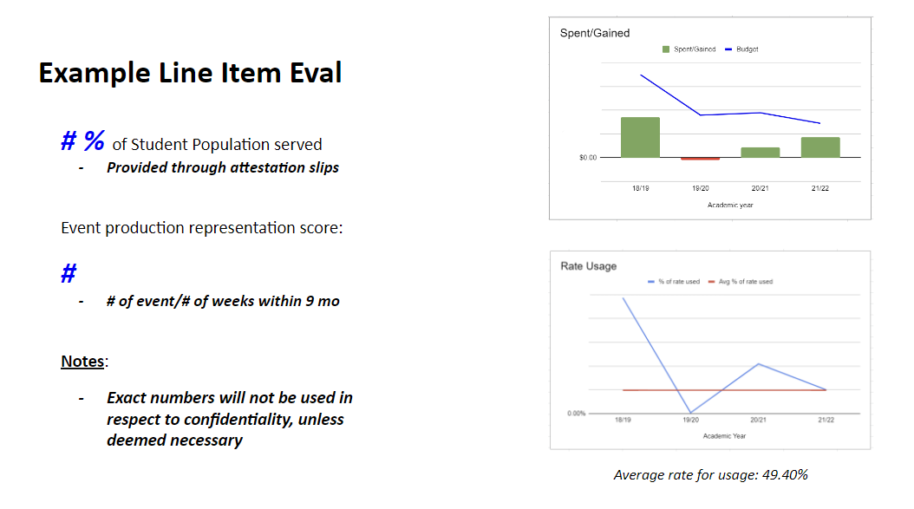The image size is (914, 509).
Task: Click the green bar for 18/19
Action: pos(640,137)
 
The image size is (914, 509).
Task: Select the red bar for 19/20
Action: pos(700,159)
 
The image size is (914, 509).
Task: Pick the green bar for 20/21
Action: pos(761,152)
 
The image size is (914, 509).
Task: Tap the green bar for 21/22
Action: pos(820,147)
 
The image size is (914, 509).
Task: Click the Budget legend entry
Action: pos(741,49)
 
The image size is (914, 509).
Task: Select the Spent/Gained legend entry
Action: pos(689,49)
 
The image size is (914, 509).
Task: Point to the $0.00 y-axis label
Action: pos(588,158)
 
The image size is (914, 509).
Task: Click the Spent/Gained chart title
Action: pos(595,33)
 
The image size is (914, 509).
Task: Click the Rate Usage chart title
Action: pos(588,266)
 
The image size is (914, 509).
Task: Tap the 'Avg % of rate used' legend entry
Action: pos(741,282)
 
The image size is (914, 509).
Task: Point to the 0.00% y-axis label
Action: pos(576,414)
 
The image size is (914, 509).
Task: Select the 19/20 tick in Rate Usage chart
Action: pos(690,420)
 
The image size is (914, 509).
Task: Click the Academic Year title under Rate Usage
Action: pos(724,436)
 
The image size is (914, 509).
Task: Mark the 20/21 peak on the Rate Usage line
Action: pos(759,364)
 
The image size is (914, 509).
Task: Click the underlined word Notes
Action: pos(82,362)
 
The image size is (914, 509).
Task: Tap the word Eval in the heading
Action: pos(316,73)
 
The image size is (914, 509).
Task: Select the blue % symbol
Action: pos(94,140)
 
